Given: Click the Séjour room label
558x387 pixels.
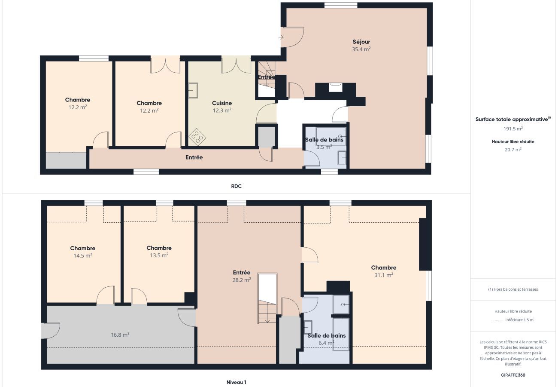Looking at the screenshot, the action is (361, 42).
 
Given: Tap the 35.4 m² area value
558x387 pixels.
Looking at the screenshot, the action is (361, 49).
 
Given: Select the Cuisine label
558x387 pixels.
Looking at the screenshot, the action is (222, 103).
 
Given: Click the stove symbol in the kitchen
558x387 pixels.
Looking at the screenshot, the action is (197, 137).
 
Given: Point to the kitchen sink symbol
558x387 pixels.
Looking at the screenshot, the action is (193, 90).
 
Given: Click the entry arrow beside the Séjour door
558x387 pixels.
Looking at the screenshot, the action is (281, 37).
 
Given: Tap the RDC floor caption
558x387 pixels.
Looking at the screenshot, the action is (237, 186).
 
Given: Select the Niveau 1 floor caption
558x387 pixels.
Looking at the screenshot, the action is (237, 382).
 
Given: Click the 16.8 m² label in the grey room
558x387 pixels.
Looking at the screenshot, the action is (120, 335).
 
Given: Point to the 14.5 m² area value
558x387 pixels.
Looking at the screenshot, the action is (83, 255).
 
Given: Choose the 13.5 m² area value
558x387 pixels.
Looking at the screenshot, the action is (159, 255).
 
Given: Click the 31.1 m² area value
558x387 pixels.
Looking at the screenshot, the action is (384, 275).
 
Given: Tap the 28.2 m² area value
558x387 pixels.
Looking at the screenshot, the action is (242, 280).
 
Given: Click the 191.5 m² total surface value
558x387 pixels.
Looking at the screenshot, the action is (513, 129).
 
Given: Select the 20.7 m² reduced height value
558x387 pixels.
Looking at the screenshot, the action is (513, 150).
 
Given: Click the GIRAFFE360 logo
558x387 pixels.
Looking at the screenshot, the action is (513, 375).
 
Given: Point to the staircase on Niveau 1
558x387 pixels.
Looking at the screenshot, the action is (267, 298).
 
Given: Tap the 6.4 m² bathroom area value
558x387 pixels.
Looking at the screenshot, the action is (326, 343).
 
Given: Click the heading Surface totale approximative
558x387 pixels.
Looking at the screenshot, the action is (513, 119).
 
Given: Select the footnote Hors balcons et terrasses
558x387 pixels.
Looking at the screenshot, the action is (513, 289).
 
